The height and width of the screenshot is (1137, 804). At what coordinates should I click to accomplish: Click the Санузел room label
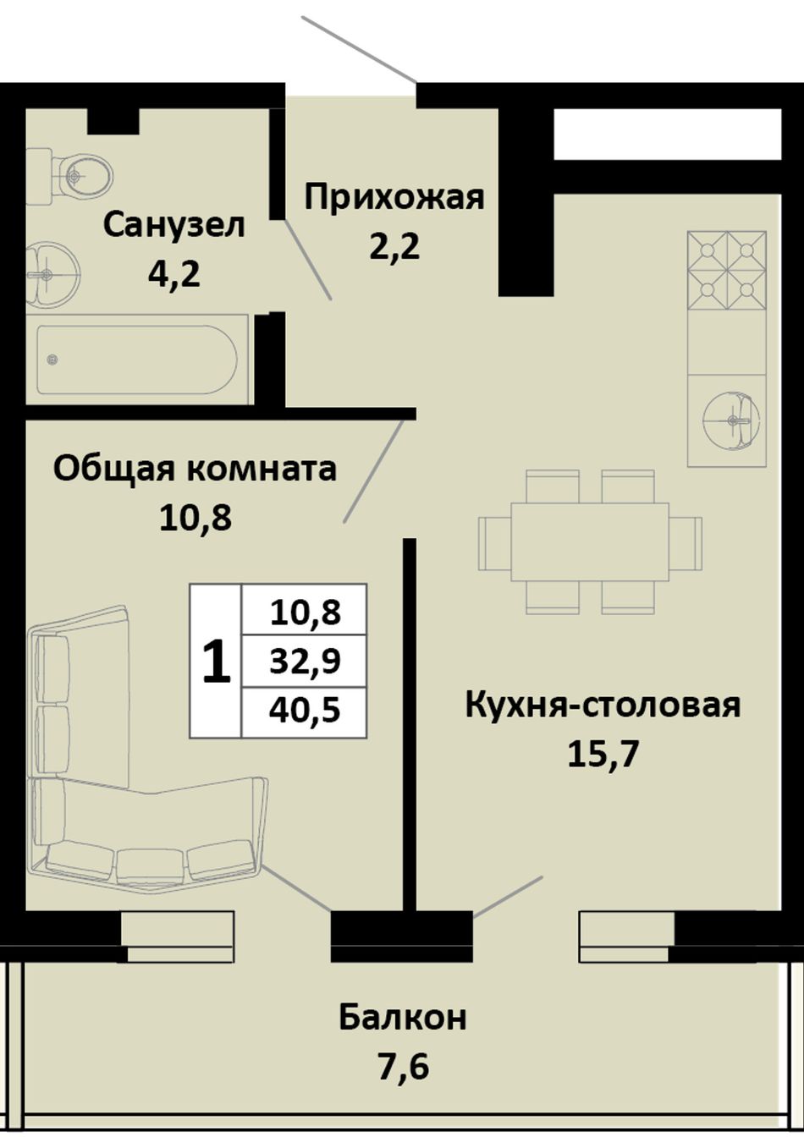point(174,225)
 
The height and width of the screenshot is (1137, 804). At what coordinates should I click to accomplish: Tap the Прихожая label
point(394,199)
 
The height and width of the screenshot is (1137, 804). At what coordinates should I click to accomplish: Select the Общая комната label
point(195,470)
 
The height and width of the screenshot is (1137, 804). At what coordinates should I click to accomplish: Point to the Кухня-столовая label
point(603,706)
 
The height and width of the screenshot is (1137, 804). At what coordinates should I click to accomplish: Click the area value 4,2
point(173,275)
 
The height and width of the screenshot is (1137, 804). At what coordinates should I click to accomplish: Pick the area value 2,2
point(394,248)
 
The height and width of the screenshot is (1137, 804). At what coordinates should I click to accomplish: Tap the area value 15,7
point(603,754)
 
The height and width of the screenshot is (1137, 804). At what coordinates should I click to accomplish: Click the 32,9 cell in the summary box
point(305,662)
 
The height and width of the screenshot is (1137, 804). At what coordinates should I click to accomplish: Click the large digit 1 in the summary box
point(217,661)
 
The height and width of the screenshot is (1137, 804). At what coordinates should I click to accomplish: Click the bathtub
point(137,360)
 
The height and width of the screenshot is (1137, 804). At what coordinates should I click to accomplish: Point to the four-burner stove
point(727,271)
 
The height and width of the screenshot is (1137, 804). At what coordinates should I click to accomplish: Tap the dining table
point(590,541)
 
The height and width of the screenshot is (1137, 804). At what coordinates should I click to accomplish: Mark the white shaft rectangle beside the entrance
point(668,134)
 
